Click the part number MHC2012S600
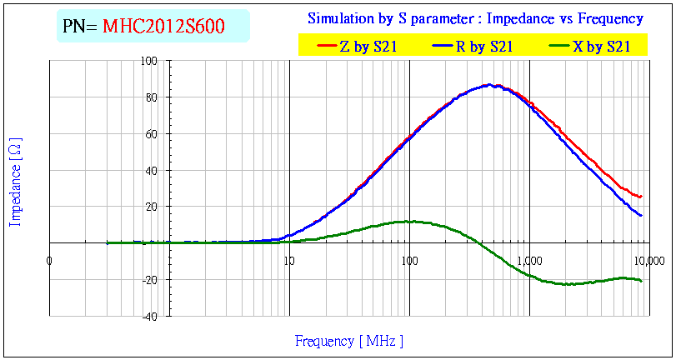[163, 27]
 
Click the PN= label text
[81, 27]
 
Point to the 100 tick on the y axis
[150, 61]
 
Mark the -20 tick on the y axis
[151, 280]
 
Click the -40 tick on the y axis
[151, 317]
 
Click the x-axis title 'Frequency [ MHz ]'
[349, 341]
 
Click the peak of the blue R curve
[490, 85]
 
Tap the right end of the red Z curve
[640, 197]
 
